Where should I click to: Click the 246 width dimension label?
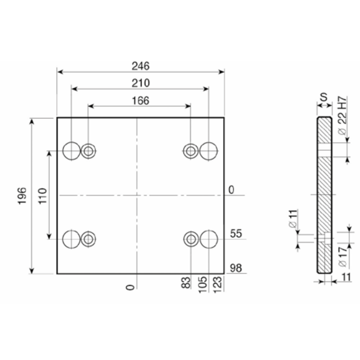click(140, 66)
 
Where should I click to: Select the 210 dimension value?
click(140, 83)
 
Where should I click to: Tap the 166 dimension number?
click(140, 100)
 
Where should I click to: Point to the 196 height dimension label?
click(22, 196)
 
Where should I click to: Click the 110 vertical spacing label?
click(42, 196)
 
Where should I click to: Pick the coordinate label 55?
click(236, 234)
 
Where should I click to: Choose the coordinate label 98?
click(236, 268)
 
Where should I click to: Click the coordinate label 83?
click(186, 283)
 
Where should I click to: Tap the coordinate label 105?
click(202, 284)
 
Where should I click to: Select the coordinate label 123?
click(218, 284)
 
